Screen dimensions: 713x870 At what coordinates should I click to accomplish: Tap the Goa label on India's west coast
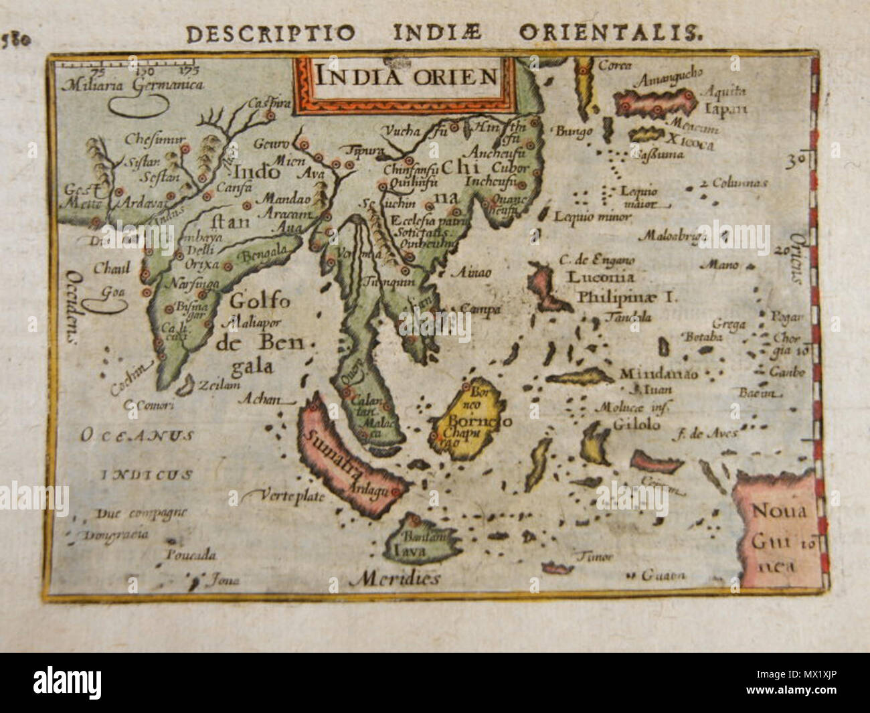click(x=107, y=292)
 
